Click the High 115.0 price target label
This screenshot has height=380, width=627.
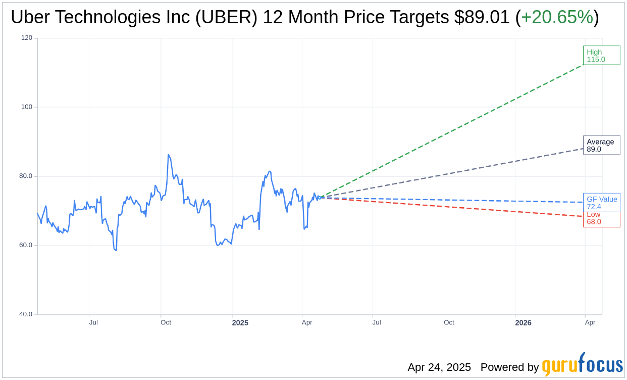click(601, 56)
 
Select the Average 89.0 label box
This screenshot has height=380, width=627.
click(601, 146)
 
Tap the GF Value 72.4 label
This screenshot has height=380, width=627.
click(601, 203)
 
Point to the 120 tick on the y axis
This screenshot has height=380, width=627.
click(26, 38)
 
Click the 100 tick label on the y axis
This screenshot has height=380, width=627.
click(26, 107)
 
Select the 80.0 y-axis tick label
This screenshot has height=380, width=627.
click(26, 176)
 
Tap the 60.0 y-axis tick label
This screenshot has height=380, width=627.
click(26, 245)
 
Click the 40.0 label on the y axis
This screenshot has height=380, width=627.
click(26, 314)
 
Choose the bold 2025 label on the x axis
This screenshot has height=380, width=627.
click(240, 323)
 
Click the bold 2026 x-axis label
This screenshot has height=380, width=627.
click(523, 323)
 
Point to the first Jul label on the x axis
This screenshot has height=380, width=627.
click(93, 322)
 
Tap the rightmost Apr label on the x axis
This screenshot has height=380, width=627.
click(590, 322)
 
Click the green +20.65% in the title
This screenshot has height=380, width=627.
click(557, 17)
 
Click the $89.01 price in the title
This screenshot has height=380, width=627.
click(482, 17)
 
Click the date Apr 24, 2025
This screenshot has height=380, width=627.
click(439, 367)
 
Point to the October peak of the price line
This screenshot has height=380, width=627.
click(168, 155)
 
